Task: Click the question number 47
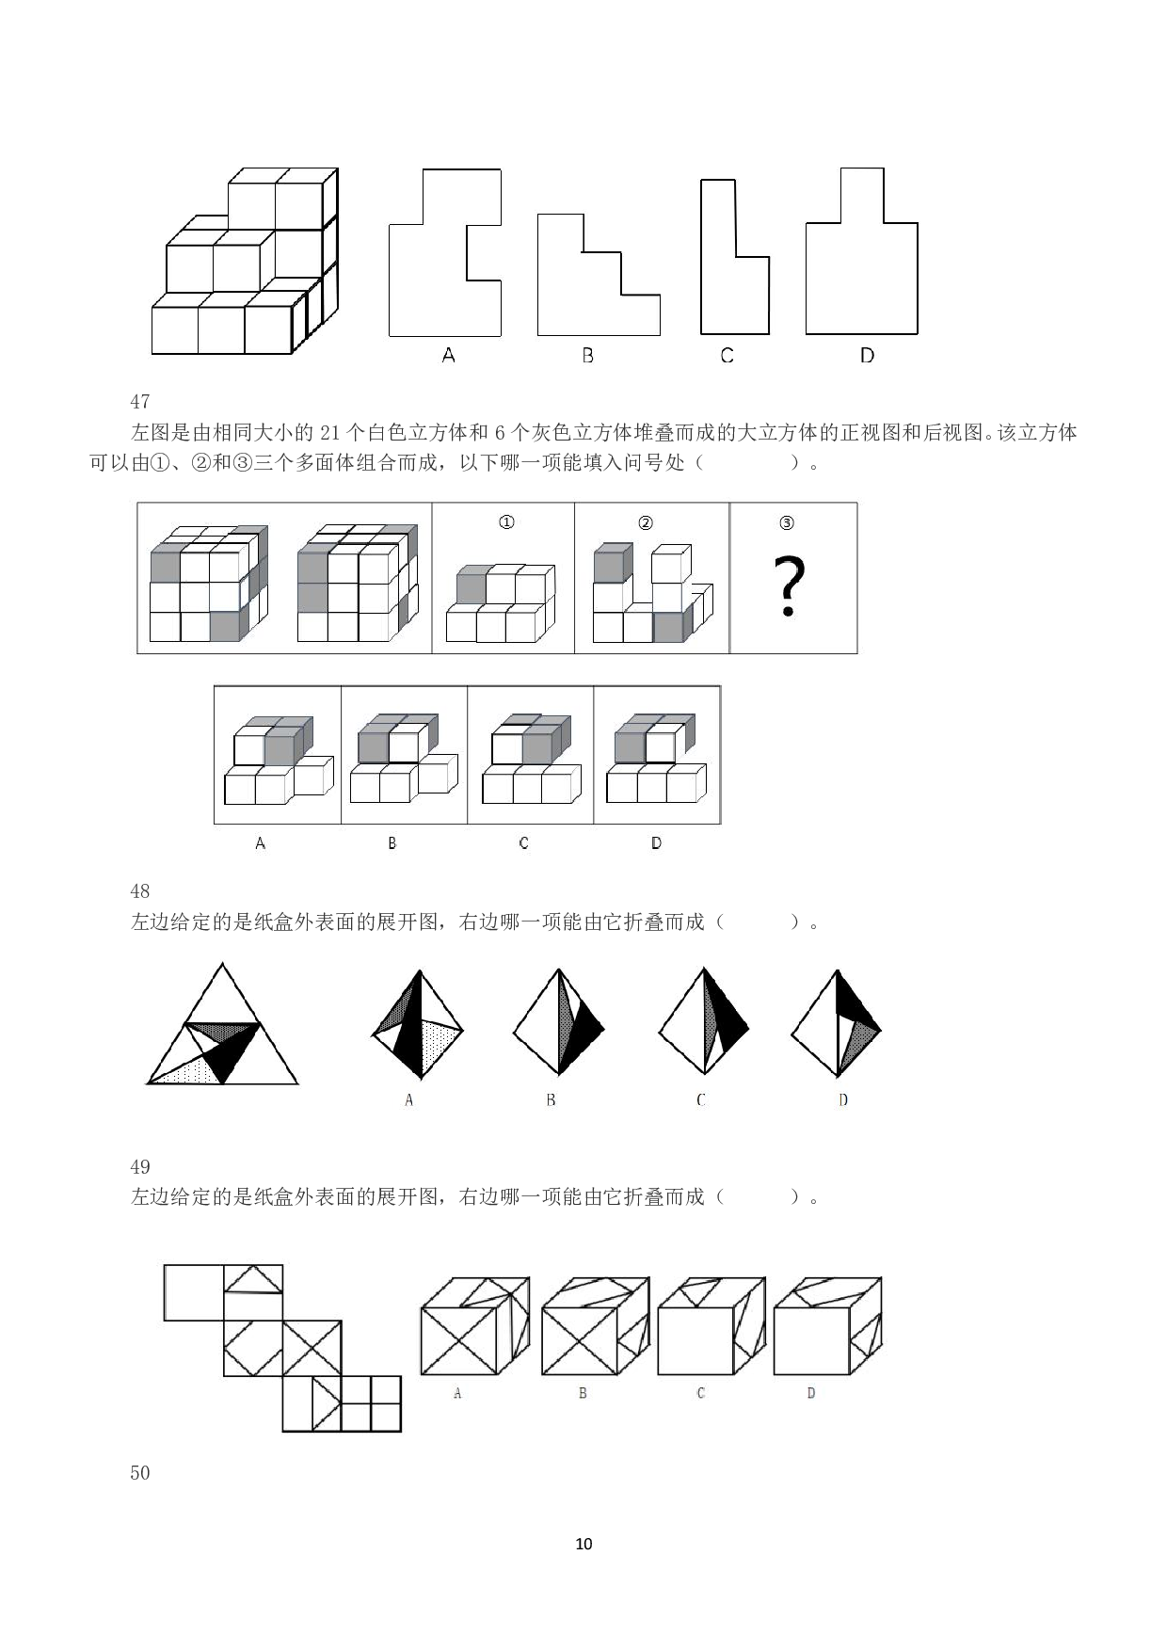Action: pos(140,402)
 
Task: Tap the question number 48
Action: pos(140,890)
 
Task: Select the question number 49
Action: pos(140,1167)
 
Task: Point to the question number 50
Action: pos(140,1473)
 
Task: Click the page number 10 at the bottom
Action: pos(583,1544)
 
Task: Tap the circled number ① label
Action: pos(506,521)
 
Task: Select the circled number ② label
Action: pos(646,522)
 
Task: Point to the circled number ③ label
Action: pos(787,522)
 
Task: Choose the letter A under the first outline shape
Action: pos(448,355)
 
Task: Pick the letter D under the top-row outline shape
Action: pos(867,355)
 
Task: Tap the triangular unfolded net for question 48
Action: pos(223,1024)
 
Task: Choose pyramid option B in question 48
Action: pos(559,1022)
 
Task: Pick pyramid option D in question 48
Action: pos(837,1023)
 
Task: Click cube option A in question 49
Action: pos(474,1326)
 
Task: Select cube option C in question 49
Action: pos(711,1326)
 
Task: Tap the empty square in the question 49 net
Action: pos(194,1292)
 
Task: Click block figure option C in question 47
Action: pos(531,759)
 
